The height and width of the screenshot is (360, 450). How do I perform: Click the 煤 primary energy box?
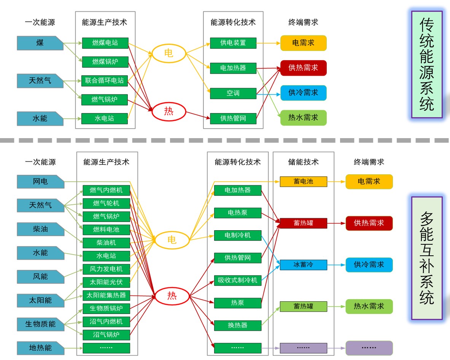point(40,43)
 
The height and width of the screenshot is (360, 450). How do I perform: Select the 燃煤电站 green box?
point(105,43)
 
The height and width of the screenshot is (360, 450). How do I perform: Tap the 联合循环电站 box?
point(105,81)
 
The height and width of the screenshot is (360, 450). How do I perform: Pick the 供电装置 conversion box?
point(233,43)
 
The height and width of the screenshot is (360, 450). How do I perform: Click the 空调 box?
point(233,93)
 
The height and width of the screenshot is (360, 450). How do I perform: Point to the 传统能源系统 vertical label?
point(427,64)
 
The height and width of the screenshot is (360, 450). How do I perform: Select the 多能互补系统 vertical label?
point(427,258)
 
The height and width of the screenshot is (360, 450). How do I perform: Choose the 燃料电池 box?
point(106,229)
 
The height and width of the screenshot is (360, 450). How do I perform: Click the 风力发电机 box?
point(106,269)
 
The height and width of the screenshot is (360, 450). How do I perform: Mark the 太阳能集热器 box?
point(106,295)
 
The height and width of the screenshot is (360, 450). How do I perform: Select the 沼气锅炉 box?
point(106,335)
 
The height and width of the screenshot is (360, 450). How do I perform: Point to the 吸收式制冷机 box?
point(238,281)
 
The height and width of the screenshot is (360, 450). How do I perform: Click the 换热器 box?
point(238,325)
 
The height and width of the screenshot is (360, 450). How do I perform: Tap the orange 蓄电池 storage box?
point(303,182)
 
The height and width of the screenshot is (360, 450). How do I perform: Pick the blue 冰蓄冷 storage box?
point(303,264)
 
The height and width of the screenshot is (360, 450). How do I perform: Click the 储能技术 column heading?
point(303,162)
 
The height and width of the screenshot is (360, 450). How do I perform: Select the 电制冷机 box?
point(238,235)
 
